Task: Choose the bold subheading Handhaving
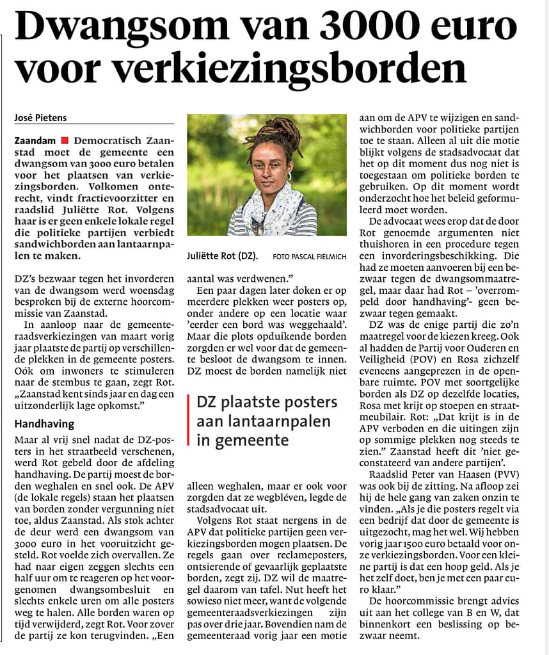click(x=44, y=424)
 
